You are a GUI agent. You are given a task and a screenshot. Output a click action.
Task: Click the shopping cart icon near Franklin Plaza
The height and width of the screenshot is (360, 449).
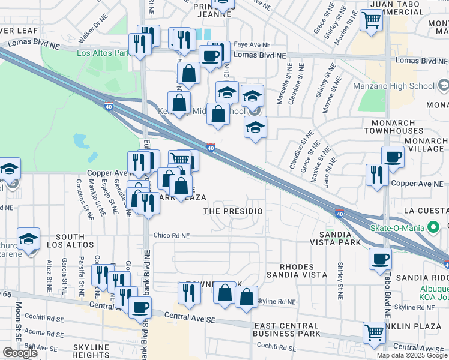pyautogui.click(x=374, y=332)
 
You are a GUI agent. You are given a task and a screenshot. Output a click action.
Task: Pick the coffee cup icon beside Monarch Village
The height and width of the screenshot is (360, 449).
pyautogui.click(x=393, y=157)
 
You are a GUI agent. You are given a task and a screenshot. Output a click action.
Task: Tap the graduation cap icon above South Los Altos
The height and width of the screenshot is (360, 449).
pyautogui.click(x=28, y=239)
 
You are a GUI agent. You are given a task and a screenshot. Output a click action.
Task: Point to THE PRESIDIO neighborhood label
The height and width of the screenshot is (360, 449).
pyautogui.click(x=234, y=212)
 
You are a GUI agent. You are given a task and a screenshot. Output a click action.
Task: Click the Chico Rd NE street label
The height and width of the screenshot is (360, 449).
pyautogui.click(x=171, y=236)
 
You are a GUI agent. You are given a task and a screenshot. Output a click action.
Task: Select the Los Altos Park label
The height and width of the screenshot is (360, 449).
pyautogui.click(x=103, y=53)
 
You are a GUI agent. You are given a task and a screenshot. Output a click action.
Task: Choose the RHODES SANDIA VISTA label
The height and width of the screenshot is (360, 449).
pyautogui.click(x=304, y=271)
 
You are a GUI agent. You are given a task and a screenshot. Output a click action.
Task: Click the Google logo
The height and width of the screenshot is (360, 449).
pyautogui.click(x=20, y=353)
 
